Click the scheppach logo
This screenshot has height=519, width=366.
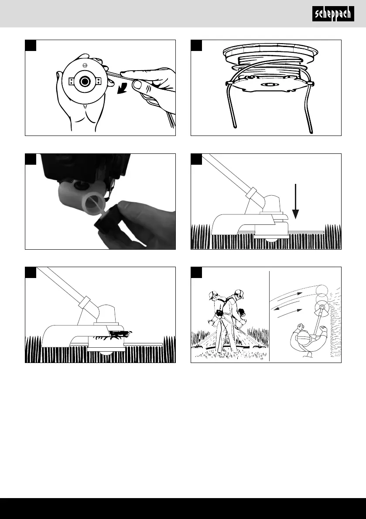coord(333,14)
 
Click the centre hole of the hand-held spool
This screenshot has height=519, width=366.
coord(85,81)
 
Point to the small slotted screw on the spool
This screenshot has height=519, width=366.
coord(85,65)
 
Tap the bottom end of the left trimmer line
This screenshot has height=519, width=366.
coord(235,126)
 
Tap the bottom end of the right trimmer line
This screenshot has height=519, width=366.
coord(311,132)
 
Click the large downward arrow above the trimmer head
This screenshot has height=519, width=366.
coord(295,201)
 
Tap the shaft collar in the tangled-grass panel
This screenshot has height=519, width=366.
coord(84,301)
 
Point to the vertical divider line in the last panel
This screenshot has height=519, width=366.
coord(270,316)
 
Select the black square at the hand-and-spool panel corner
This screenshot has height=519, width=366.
coord(31,45)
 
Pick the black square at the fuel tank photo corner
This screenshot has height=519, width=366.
coord(31,159)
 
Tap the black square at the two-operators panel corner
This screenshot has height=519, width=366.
coord(196,272)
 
